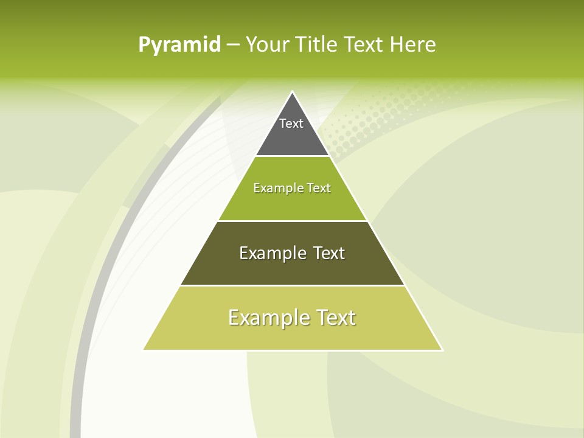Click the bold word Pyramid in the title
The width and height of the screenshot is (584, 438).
click(179, 45)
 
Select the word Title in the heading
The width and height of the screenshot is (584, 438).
click(317, 45)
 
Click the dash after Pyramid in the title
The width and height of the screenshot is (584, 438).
click(233, 45)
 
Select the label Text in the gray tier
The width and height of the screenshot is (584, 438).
click(291, 123)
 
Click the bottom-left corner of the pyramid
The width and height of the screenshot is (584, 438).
click(145, 349)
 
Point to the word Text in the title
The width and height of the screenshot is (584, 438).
click(364, 45)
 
